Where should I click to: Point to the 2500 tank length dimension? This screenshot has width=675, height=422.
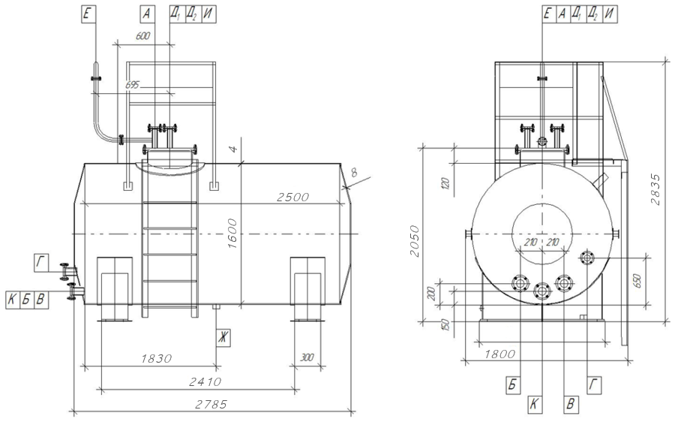point(292,197)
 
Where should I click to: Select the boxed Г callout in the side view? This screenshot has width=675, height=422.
point(40,261)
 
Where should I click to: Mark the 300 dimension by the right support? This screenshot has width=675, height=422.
point(307,357)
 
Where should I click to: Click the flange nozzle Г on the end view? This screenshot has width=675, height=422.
point(587,259)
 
